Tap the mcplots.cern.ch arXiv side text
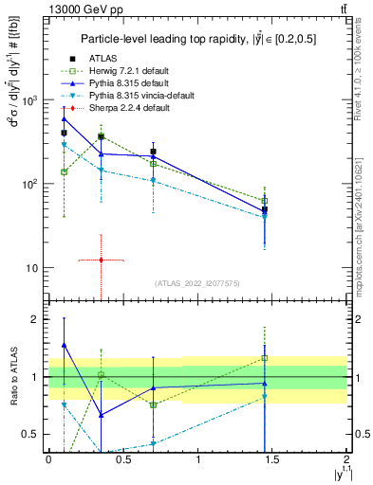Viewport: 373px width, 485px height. coord(364,237)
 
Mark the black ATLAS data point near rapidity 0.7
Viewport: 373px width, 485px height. coord(153,152)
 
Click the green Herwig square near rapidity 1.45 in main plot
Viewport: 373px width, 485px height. coord(265,201)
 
